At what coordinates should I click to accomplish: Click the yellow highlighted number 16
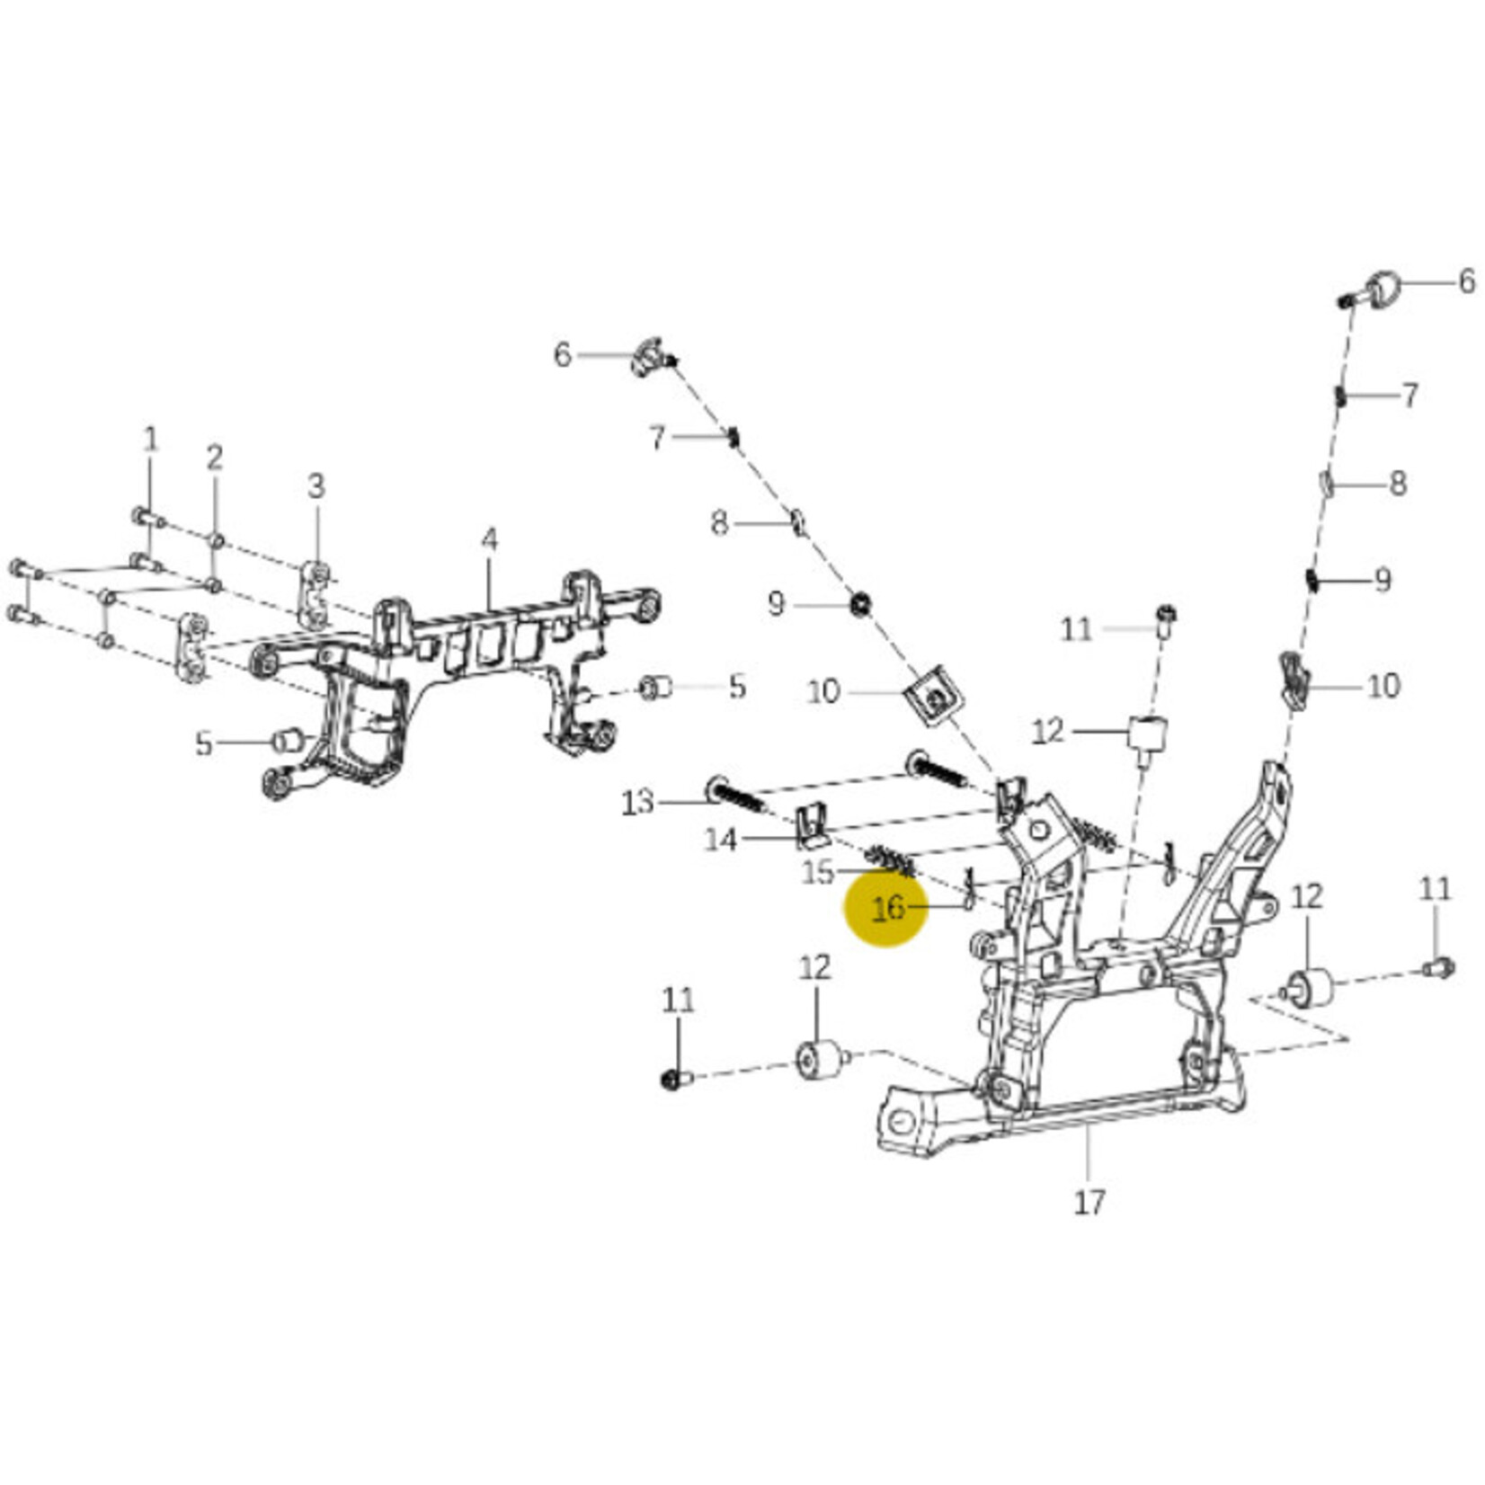886,907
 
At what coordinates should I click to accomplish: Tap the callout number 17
1089,1202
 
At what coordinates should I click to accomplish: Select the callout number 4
488,539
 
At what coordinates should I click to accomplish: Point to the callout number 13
637,802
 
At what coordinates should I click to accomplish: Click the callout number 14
720,840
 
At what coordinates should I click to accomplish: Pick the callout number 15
817,872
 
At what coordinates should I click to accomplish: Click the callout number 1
151,440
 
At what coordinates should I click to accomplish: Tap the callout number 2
214,458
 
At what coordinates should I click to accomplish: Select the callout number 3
316,486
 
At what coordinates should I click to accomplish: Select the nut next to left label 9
859,603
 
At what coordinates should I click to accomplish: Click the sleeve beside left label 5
289,742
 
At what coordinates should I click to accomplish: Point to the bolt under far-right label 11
1438,968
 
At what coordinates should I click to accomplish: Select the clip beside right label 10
1294,680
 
